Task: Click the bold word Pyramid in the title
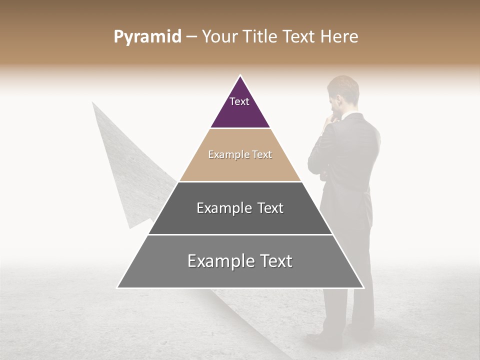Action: point(147,37)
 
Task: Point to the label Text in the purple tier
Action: point(239,101)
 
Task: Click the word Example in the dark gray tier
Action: point(218,208)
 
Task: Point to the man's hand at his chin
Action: point(330,120)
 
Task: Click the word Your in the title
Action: point(218,37)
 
